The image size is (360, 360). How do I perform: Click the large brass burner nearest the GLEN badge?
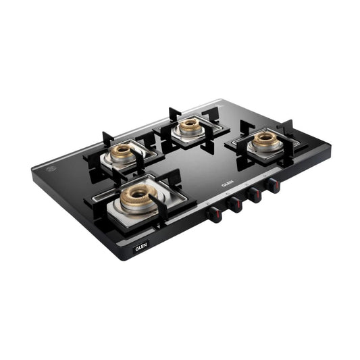139,199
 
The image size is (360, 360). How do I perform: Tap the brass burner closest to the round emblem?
122,153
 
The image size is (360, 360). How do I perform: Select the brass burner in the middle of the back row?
190,126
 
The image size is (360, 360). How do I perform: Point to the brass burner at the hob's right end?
265,138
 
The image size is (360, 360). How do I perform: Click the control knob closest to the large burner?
214,214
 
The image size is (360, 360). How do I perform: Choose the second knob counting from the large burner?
234,205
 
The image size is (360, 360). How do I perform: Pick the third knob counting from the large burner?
254,195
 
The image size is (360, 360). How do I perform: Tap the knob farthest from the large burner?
274,186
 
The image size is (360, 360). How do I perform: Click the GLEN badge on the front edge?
140,247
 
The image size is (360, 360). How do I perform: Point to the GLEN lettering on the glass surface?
228,183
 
